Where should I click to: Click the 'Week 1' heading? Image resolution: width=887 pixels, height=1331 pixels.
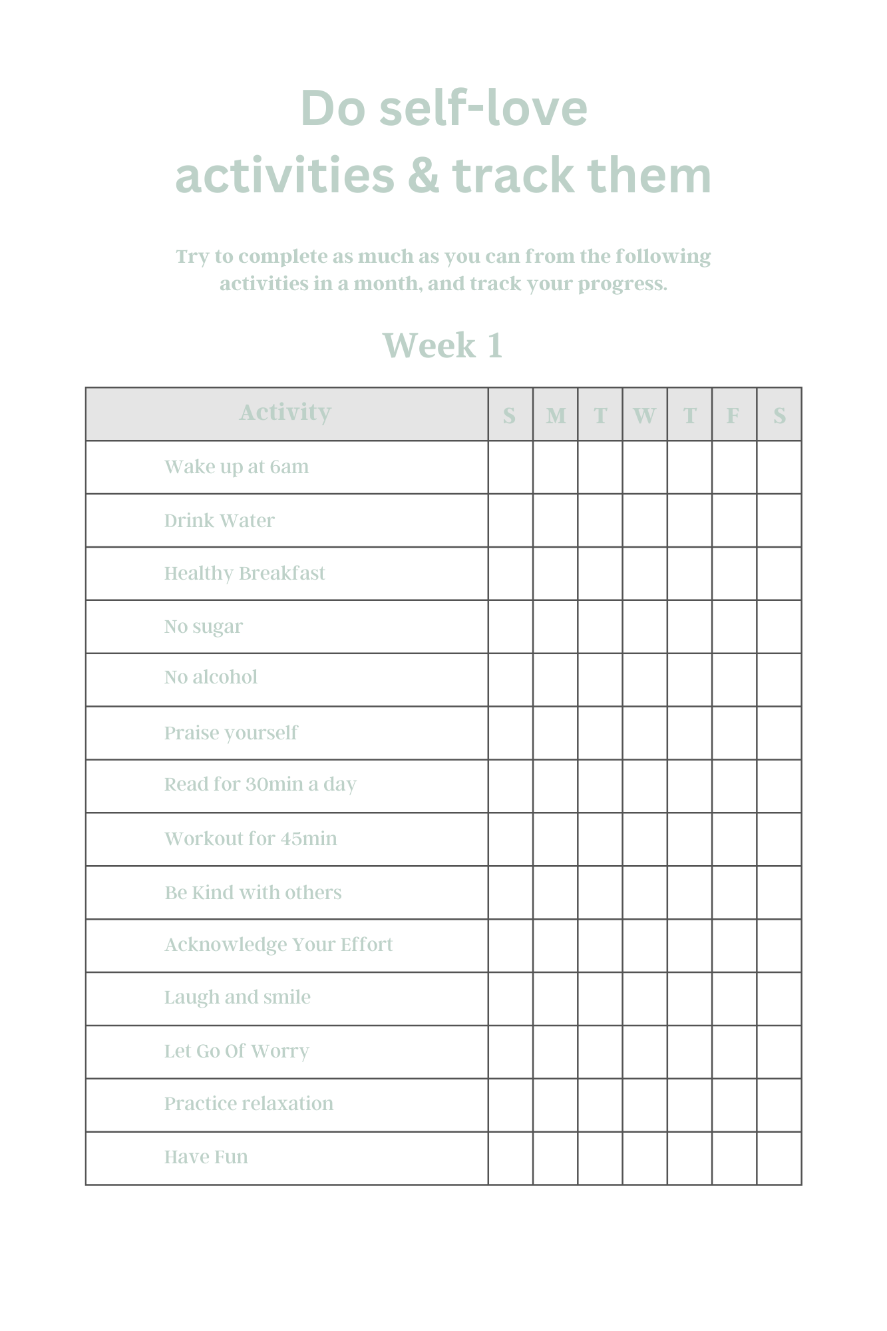pyautogui.click(x=443, y=346)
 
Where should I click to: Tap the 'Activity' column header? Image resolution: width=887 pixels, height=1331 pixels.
pyautogui.click(x=285, y=413)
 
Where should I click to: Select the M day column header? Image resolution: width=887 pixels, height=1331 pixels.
pyautogui.click(x=556, y=416)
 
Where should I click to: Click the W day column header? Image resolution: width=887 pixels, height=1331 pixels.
pyautogui.click(x=644, y=416)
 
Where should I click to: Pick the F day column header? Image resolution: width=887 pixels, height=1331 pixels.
pyautogui.click(x=733, y=416)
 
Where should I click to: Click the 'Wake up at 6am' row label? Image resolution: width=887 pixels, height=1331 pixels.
pyautogui.click(x=236, y=467)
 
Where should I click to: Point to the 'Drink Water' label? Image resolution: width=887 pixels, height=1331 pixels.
pyautogui.click(x=219, y=520)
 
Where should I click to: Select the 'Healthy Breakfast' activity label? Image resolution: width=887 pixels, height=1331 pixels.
pyautogui.click(x=244, y=574)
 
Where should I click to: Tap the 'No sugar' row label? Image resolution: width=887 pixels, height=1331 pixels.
pyautogui.click(x=203, y=627)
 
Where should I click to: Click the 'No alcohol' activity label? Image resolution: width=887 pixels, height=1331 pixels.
pyautogui.click(x=210, y=677)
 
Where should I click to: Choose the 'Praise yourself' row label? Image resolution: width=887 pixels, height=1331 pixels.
pyautogui.click(x=230, y=733)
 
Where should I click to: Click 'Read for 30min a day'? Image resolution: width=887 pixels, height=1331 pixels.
pyautogui.click(x=260, y=785)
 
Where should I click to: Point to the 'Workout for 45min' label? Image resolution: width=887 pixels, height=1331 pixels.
pyautogui.click(x=250, y=839)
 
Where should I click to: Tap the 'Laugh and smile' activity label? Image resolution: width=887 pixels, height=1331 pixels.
pyautogui.click(x=237, y=998)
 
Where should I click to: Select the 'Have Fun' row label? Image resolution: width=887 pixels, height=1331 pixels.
pyautogui.click(x=206, y=1157)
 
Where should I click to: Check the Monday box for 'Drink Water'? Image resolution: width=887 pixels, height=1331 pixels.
pyautogui.click(x=555, y=520)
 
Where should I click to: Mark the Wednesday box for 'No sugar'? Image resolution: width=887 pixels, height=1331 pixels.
pyautogui.click(x=645, y=627)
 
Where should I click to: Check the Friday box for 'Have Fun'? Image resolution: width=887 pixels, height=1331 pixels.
pyautogui.click(x=734, y=1158)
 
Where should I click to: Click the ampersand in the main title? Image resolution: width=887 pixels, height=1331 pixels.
pyautogui.click(x=423, y=176)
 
